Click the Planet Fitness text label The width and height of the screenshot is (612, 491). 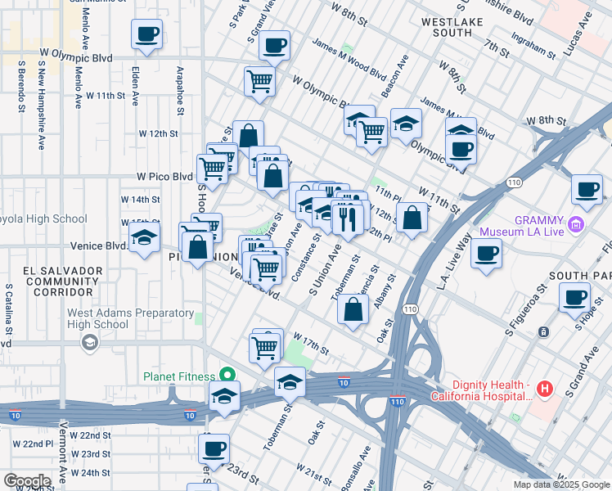pos(178,376)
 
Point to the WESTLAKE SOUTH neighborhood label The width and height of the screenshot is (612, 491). pos(447,27)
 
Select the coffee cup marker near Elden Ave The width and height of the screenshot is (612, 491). pos(146,34)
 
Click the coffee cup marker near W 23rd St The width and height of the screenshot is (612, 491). pos(214,448)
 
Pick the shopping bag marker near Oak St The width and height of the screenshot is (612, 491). pos(353,310)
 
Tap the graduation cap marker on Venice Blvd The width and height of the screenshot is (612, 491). pos(145,240)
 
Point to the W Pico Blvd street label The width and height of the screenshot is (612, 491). pos(164,176)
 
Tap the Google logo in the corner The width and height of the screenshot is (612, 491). pos(27,481)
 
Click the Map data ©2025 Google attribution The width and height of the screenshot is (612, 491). pos(560,484)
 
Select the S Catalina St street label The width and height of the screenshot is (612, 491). pos(8,310)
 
